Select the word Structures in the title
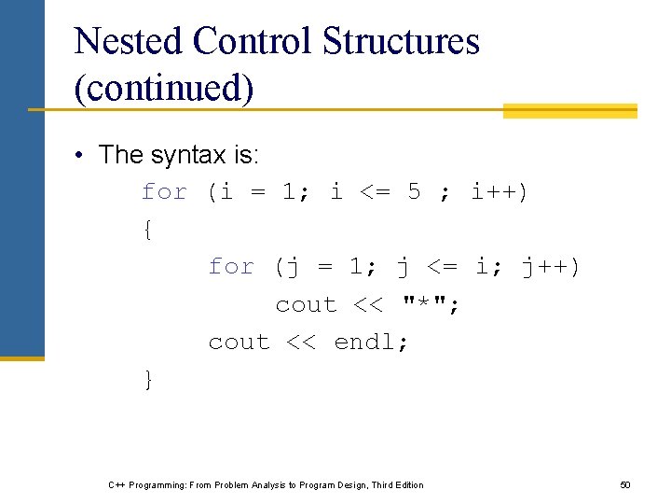[x=402, y=41]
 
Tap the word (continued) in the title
[x=163, y=88]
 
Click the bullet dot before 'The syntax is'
[x=81, y=155]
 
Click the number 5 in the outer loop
[x=415, y=192]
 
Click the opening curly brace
[x=148, y=231]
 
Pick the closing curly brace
[x=148, y=380]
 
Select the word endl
[x=371, y=343]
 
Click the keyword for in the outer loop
[x=164, y=192]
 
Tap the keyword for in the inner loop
[x=231, y=267]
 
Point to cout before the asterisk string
[x=306, y=305]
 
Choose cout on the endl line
[x=239, y=343]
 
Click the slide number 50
[x=625, y=485]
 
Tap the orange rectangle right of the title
[x=569, y=111]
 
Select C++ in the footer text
[x=117, y=485]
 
